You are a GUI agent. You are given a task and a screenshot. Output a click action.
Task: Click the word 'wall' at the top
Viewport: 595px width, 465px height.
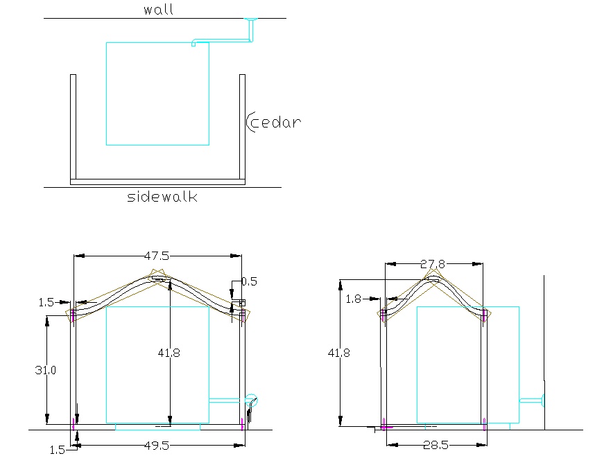point(158,10)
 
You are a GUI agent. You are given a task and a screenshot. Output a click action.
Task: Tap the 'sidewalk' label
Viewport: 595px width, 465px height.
point(162,197)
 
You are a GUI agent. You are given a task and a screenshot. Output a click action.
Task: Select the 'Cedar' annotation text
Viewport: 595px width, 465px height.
point(276,122)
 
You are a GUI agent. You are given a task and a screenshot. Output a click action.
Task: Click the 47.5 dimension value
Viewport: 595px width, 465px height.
point(157,256)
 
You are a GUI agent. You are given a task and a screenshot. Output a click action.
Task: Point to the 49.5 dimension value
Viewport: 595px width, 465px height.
point(157,446)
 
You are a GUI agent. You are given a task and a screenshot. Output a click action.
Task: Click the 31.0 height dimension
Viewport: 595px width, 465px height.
point(46,370)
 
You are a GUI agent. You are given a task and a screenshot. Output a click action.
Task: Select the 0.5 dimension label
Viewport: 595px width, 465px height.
point(250,281)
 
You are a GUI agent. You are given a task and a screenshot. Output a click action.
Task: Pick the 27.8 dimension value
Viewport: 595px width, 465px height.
point(433,264)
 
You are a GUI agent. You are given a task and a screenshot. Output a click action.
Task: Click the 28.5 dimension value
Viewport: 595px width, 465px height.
point(436,445)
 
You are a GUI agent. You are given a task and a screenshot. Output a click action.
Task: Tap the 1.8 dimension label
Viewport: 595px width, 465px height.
point(353,299)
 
